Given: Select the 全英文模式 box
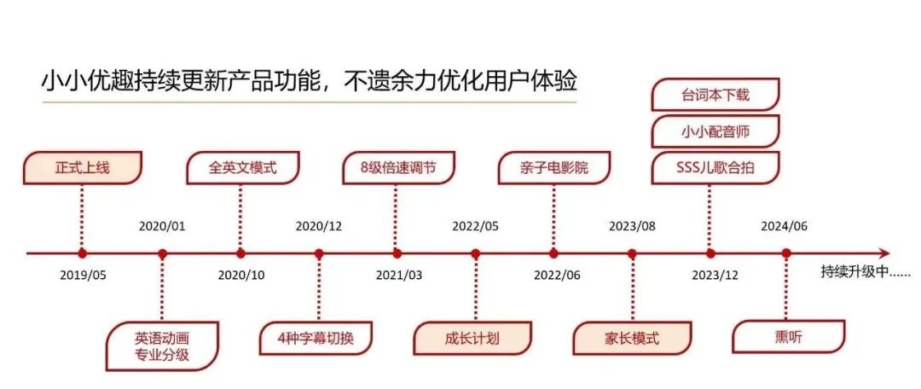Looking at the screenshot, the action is tap(243, 167).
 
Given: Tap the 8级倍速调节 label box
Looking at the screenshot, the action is tap(398, 167).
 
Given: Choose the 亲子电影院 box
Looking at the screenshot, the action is tap(554, 167).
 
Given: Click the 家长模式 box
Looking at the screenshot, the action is tap(632, 338).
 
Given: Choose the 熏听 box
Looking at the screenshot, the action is tap(788, 337).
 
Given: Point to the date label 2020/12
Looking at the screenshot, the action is tap(319, 226).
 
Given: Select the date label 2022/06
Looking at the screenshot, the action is tap(556, 276).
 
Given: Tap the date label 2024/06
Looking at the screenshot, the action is tap(785, 226).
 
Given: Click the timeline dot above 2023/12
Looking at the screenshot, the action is tap(710, 253).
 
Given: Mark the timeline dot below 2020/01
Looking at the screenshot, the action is tap(163, 253).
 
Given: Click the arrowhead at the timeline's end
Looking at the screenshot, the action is tap(884, 253).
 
